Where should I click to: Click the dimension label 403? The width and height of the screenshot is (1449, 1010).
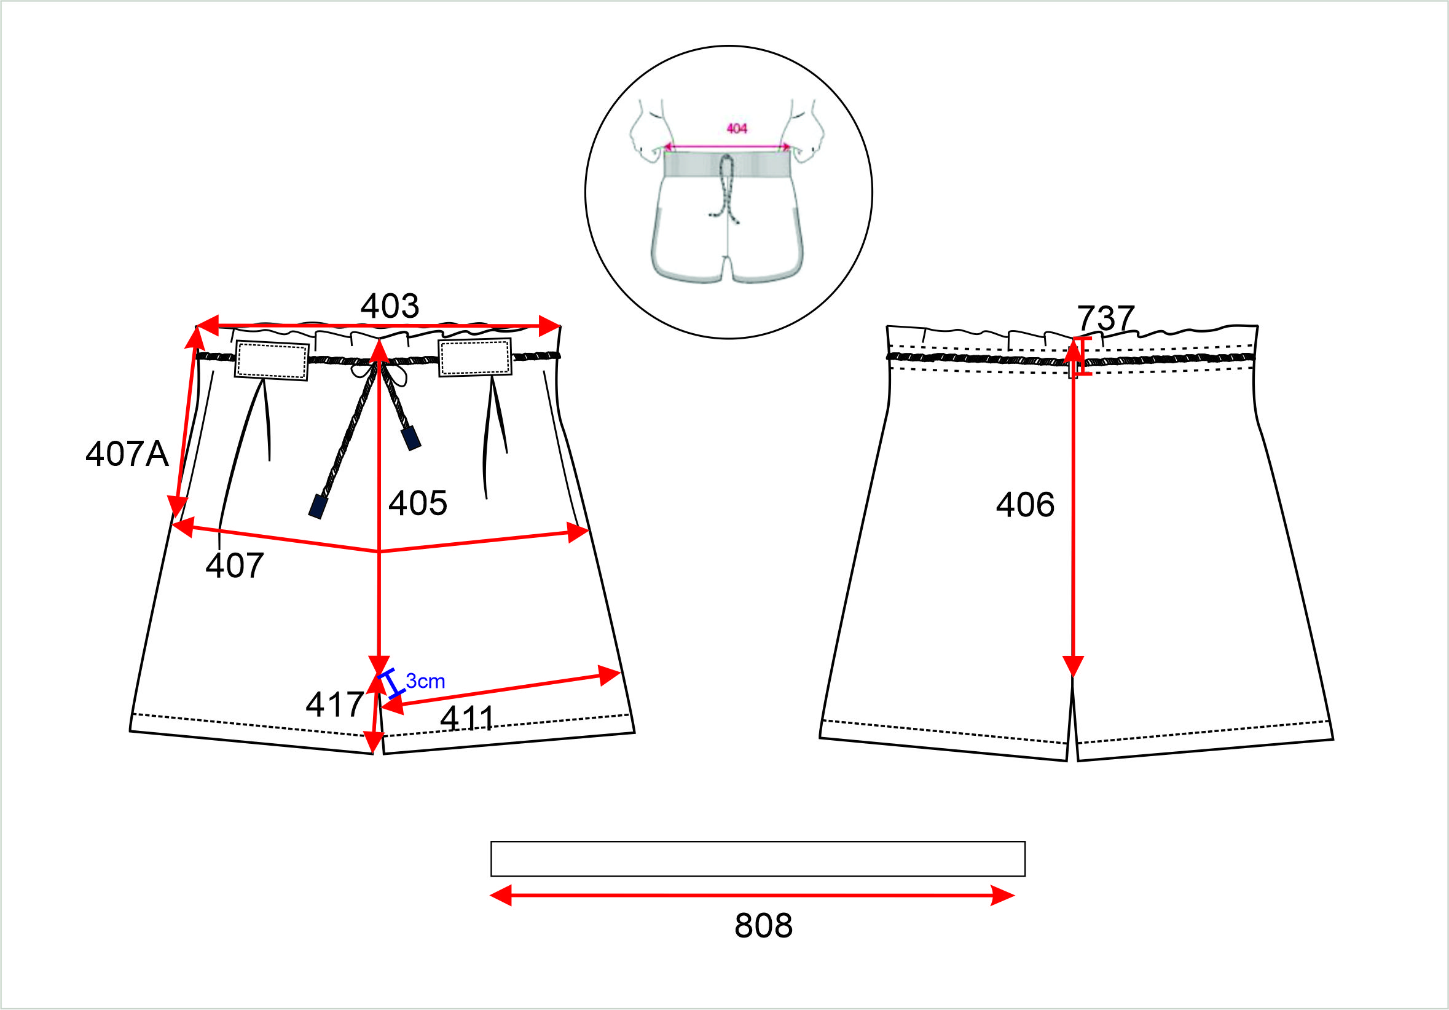click(x=390, y=306)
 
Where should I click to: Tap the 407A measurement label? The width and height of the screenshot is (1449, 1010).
click(x=127, y=454)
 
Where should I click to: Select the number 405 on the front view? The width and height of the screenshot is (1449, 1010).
click(x=418, y=503)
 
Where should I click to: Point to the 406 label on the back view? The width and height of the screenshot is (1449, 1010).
click(x=1025, y=505)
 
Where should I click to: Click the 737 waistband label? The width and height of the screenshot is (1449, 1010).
click(x=1105, y=318)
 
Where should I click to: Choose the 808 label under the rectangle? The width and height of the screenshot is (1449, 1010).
click(x=763, y=926)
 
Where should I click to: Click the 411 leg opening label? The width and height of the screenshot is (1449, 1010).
click(x=467, y=719)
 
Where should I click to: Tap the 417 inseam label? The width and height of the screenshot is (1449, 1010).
click(x=334, y=704)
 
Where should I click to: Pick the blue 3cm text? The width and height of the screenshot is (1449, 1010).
click(x=425, y=681)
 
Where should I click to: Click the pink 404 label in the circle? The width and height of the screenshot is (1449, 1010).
click(x=737, y=128)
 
